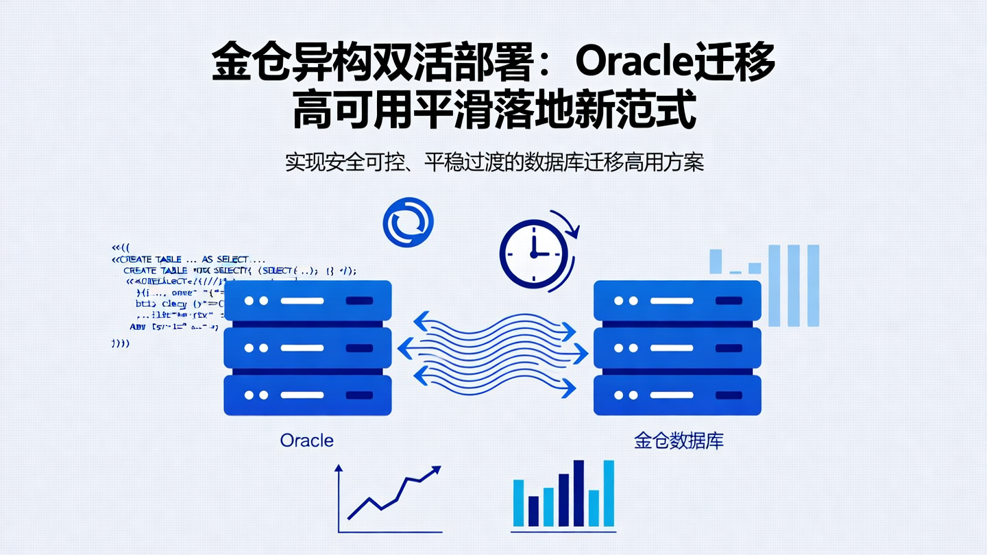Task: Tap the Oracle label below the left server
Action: (306, 440)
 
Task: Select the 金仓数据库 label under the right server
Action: (679, 440)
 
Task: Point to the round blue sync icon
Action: (409, 223)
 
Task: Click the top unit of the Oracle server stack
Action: (308, 301)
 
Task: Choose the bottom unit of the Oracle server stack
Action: (308, 395)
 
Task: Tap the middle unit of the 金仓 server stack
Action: (677, 348)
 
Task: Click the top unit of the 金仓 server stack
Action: (677, 301)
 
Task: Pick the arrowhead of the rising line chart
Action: (434, 471)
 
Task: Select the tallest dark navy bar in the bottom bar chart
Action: (578, 493)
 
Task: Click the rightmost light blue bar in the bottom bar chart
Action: (609, 493)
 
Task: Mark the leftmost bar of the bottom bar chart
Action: (519, 503)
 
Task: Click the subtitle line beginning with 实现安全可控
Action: (494, 162)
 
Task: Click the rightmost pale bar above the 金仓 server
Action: (813, 285)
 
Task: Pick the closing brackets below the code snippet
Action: (120, 343)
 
